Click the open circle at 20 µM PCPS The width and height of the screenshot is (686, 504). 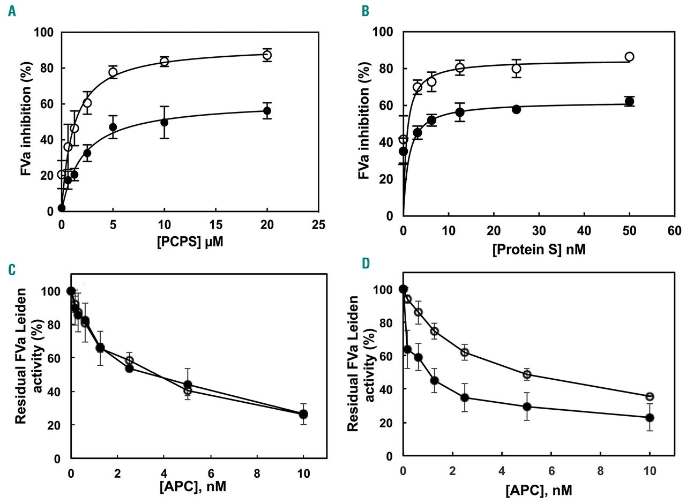[267, 55]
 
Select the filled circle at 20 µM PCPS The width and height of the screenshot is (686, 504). [267, 111]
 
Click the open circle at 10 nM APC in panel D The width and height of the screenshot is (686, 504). [650, 397]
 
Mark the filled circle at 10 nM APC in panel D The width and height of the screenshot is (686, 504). [650, 418]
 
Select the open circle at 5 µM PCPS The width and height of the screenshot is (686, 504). [113, 72]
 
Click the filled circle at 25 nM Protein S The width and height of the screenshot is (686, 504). [516, 109]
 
